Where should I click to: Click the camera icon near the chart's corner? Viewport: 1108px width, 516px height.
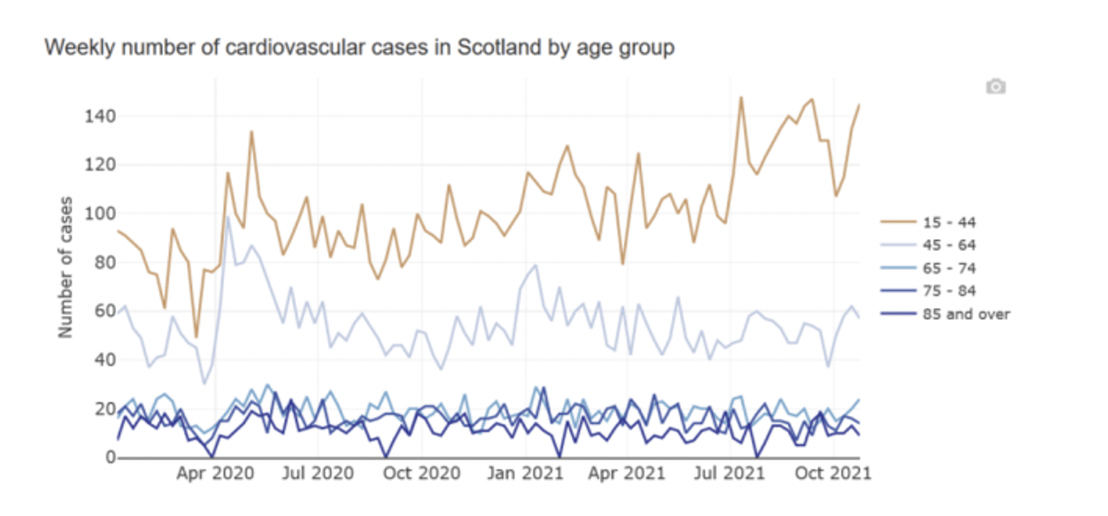[995, 86]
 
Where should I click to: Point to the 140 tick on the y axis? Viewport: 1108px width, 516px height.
[100, 116]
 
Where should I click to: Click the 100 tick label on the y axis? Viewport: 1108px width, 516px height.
[100, 214]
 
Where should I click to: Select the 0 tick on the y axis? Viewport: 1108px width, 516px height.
[110, 457]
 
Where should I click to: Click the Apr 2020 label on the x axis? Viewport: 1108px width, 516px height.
[215, 473]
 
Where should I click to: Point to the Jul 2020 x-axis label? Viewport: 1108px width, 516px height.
[318, 473]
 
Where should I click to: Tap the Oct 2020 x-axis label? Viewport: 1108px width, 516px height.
[421, 473]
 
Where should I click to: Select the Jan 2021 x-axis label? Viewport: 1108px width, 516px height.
[525, 473]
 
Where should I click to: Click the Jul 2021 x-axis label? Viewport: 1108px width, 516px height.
[729, 473]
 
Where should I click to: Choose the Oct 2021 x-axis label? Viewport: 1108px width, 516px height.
[833, 473]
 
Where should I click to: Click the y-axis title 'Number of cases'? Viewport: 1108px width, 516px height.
[65, 267]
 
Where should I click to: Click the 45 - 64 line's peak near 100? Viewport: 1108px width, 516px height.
[228, 217]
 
